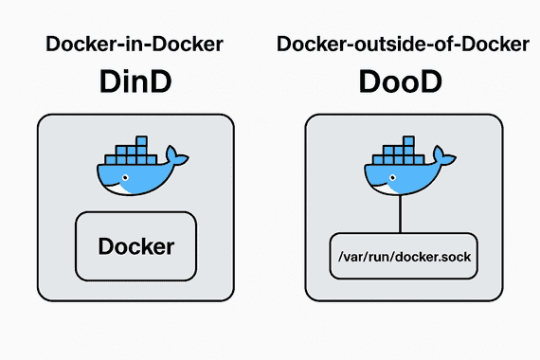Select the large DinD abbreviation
[x=135, y=82]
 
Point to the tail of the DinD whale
[x=171, y=154]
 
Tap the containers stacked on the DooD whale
[x=397, y=152]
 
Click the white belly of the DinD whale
[x=123, y=188]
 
